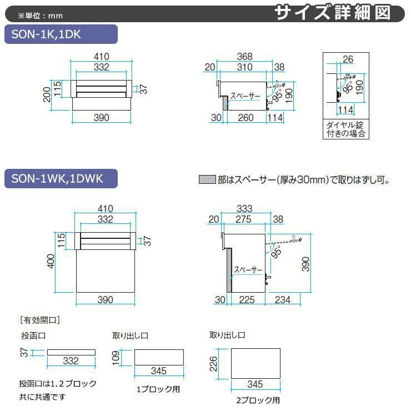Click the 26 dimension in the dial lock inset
[x=348, y=59]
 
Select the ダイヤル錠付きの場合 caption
[x=345, y=129]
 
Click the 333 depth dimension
[x=244, y=209]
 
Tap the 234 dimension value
[x=282, y=300]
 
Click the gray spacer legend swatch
[x=207, y=180]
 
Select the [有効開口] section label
[x=39, y=320]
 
